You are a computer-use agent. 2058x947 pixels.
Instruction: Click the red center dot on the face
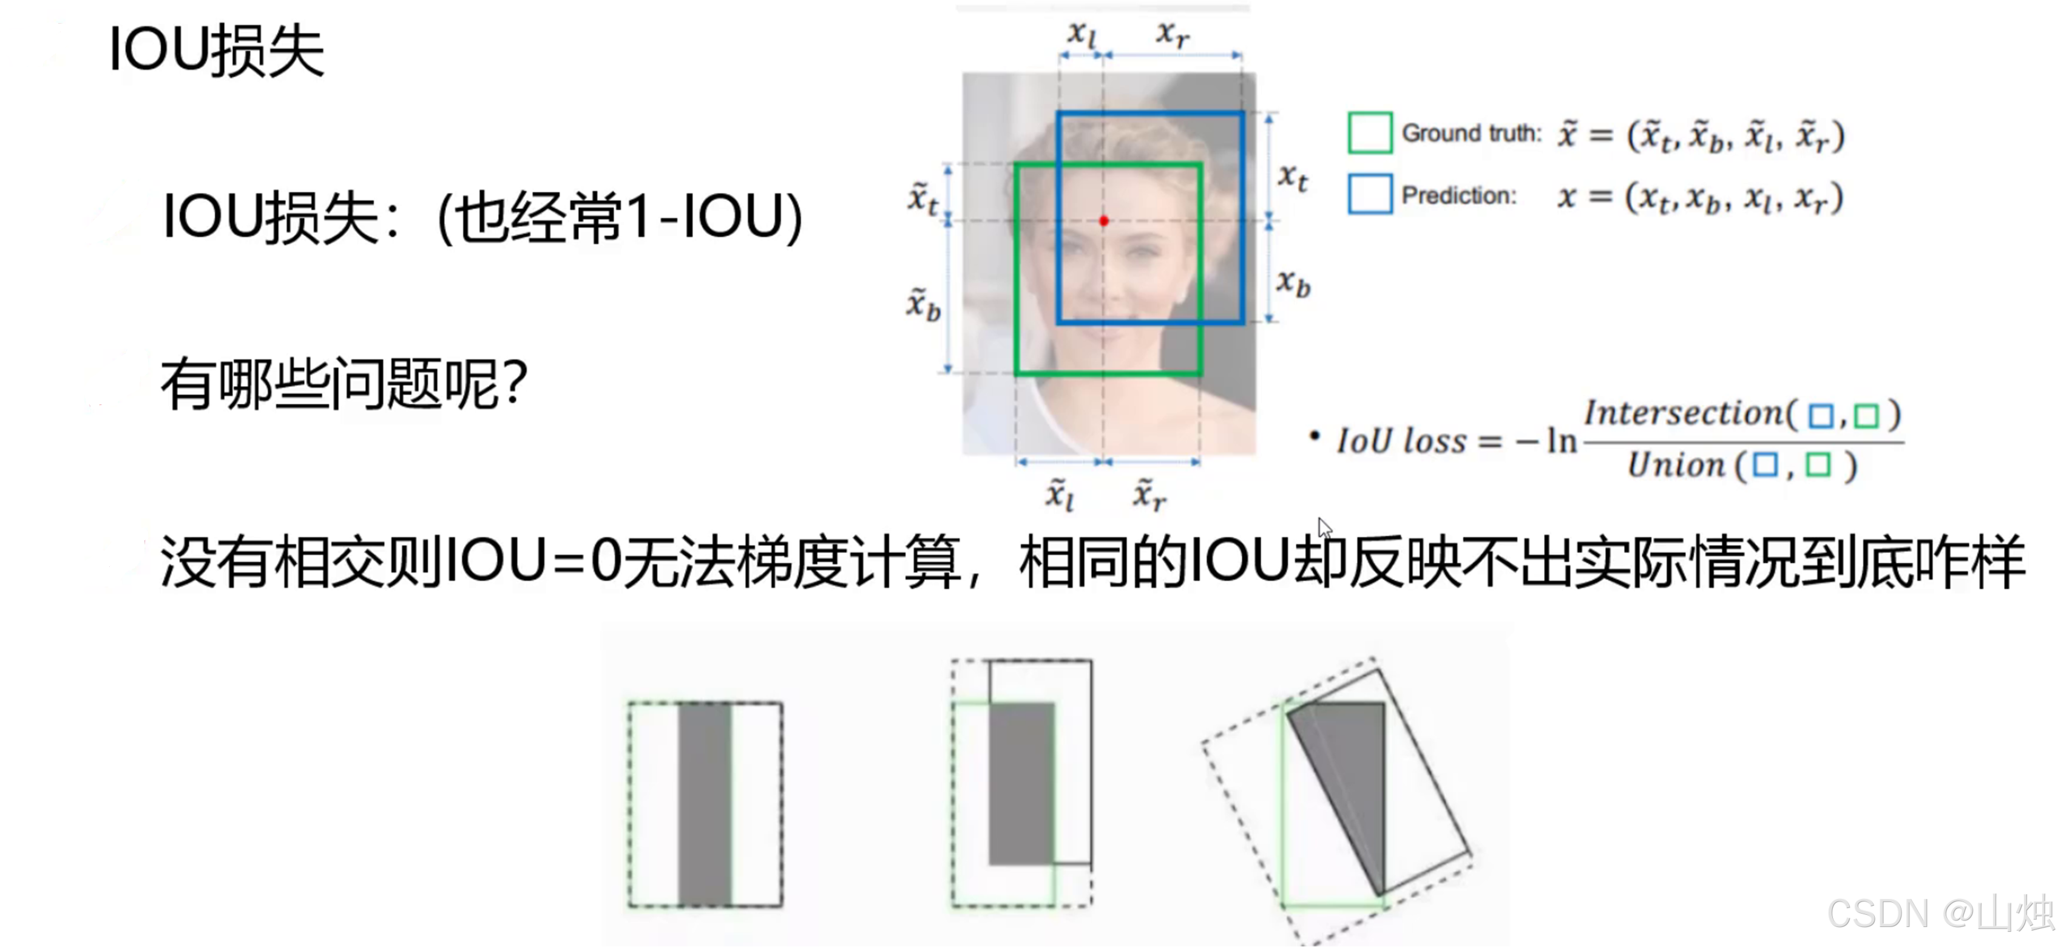[1103, 220]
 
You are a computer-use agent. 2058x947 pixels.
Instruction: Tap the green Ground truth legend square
[1369, 133]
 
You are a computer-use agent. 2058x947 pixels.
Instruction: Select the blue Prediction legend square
[1369, 194]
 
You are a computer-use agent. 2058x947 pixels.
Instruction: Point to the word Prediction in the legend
[1458, 196]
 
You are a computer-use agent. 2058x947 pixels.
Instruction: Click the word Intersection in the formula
[1682, 413]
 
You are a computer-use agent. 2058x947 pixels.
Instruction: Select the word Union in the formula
[1676, 464]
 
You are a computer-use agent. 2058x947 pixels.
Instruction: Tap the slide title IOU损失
[215, 50]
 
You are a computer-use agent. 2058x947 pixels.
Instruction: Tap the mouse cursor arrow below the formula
[1324, 528]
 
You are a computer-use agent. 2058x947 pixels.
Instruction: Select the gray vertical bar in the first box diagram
[705, 803]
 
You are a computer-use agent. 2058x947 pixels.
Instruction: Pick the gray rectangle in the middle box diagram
[1021, 783]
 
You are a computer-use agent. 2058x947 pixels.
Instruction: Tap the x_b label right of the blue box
[1293, 283]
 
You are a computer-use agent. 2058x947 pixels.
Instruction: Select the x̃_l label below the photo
[1060, 495]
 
